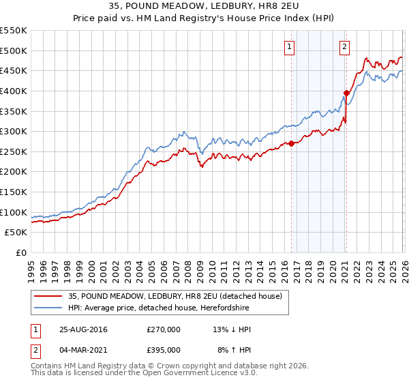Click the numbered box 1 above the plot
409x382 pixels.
pos(290,47)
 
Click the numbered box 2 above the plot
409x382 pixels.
pos(344,47)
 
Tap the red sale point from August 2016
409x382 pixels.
pos(292,143)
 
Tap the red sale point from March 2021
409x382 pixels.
pos(346,93)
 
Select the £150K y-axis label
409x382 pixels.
pos(14,192)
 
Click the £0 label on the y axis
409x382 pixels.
pos(21,253)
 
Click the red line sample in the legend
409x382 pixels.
pos(48,295)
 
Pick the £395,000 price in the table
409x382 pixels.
pos(163,350)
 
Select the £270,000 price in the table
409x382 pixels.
pos(163,329)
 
